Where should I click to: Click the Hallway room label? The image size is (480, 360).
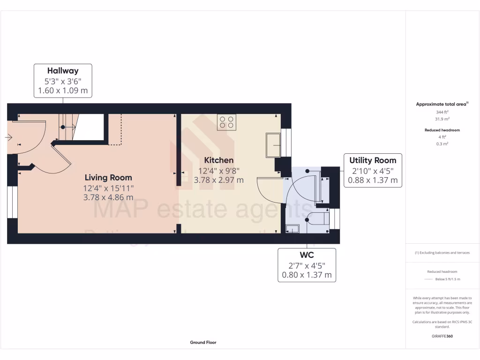pyautogui.click(x=63, y=71)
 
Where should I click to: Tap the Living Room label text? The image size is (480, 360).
pyautogui.click(x=108, y=178)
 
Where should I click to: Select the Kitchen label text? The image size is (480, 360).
pyautogui.click(x=218, y=160)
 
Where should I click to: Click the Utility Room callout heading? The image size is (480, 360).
pyautogui.click(x=373, y=160)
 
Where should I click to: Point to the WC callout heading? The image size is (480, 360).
pyautogui.click(x=307, y=255)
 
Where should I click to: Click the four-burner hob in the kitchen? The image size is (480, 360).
pyautogui.click(x=226, y=122)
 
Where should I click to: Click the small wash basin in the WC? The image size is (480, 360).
pyautogui.click(x=292, y=228)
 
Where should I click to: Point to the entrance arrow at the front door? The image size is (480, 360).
pyautogui.click(x=9, y=137)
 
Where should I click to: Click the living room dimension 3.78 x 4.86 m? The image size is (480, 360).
pyautogui.click(x=108, y=197)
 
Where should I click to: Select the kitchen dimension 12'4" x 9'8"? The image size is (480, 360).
pyautogui.click(x=218, y=171)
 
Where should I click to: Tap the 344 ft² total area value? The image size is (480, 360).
pyautogui.click(x=442, y=112)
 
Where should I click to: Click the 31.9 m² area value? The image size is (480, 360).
pyautogui.click(x=442, y=119)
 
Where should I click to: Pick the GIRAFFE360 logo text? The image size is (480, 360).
pyautogui.click(x=442, y=336)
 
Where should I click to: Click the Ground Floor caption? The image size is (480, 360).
pyautogui.click(x=203, y=343)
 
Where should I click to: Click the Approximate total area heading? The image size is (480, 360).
pyautogui.click(x=442, y=105)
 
